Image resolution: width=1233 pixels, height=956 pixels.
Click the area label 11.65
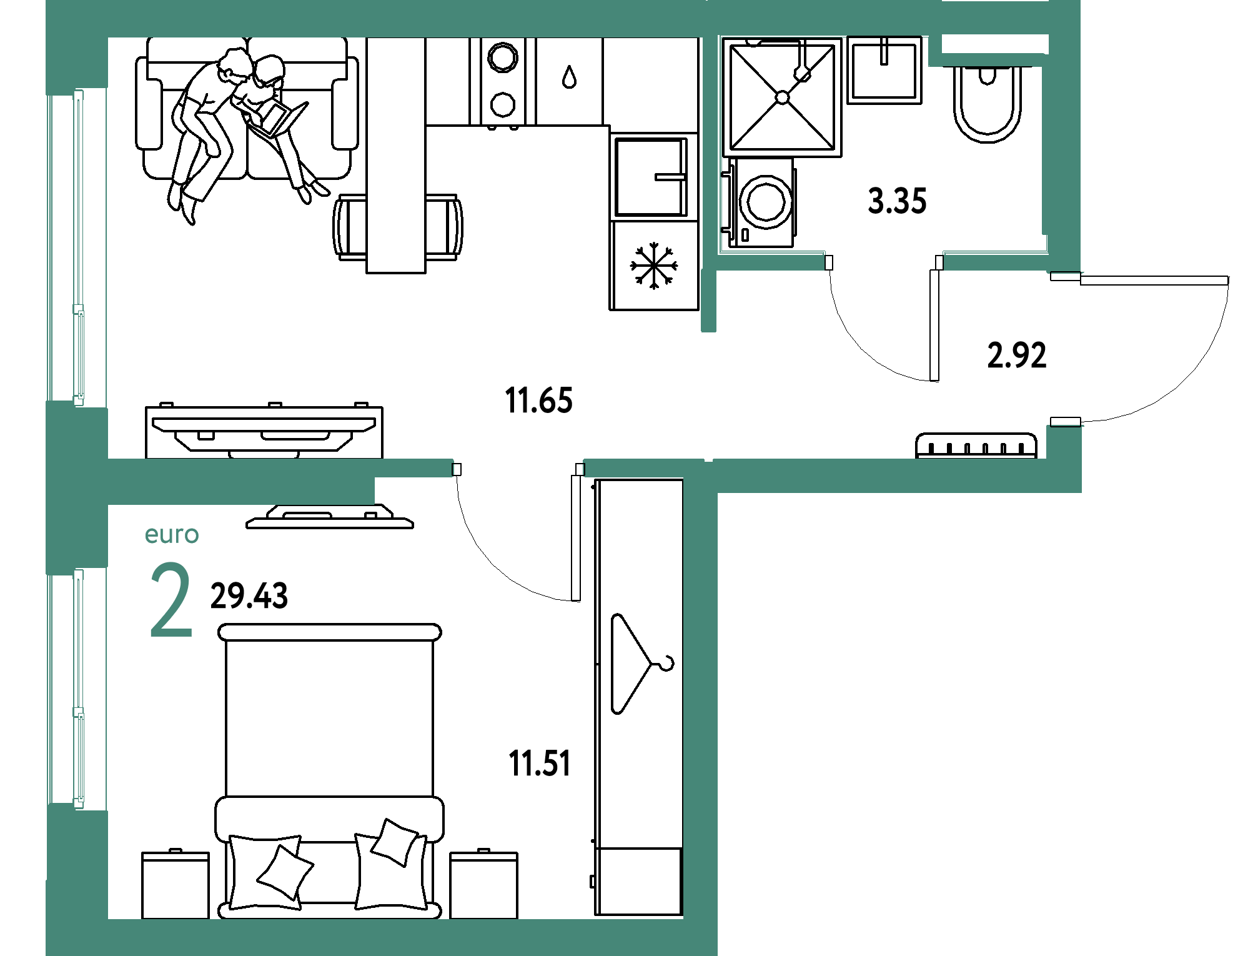(x=538, y=401)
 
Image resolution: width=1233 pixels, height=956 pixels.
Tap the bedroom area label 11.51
(x=540, y=764)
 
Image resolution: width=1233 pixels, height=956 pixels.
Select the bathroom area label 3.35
(x=897, y=201)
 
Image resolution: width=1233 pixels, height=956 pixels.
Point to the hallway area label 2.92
(x=1016, y=355)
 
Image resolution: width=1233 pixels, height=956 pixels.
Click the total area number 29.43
(x=249, y=595)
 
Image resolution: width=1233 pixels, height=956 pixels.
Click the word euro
(x=172, y=535)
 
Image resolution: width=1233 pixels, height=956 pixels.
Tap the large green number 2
(x=171, y=600)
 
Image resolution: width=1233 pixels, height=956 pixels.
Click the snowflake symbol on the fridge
(x=654, y=266)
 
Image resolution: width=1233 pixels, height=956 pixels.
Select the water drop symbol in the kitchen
(x=569, y=77)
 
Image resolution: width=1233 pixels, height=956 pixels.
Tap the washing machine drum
(x=766, y=202)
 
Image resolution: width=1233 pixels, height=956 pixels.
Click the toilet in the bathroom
(x=987, y=103)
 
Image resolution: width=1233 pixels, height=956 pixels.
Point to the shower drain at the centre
(x=782, y=97)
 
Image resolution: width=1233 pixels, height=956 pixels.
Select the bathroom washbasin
(x=884, y=70)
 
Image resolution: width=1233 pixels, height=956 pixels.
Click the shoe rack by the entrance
(x=976, y=446)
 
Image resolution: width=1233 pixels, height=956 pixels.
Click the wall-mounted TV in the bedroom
(x=330, y=517)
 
